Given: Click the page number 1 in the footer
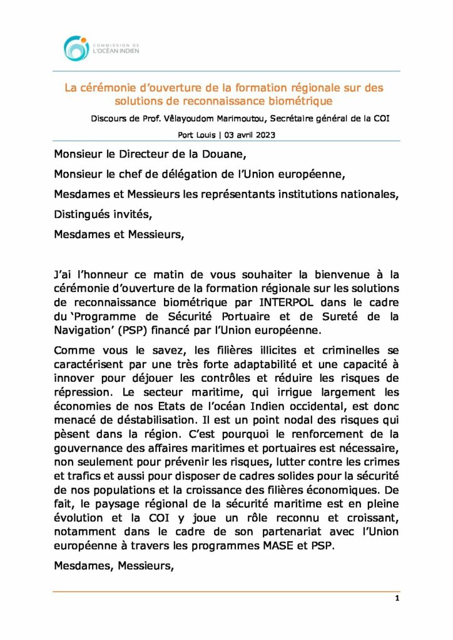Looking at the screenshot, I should click(397, 598).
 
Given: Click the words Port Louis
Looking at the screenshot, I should click(196, 134).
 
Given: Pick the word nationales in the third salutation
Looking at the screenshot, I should click(366, 194).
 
